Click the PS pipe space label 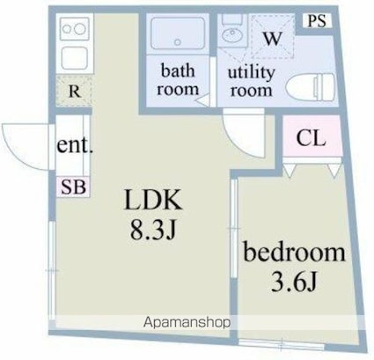[317, 21]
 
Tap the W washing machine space [273, 36]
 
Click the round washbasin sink [231, 35]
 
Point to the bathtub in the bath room [177, 33]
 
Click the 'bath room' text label [178, 80]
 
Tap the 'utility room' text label [251, 82]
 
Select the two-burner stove [75, 29]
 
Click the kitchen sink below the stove [75, 58]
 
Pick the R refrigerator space [75, 92]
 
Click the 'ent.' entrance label [75, 144]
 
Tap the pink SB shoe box [73, 187]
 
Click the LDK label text [152, 200]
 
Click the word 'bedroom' [294, 252]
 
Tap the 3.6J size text [294, 281]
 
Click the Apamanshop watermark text [187, 323]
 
